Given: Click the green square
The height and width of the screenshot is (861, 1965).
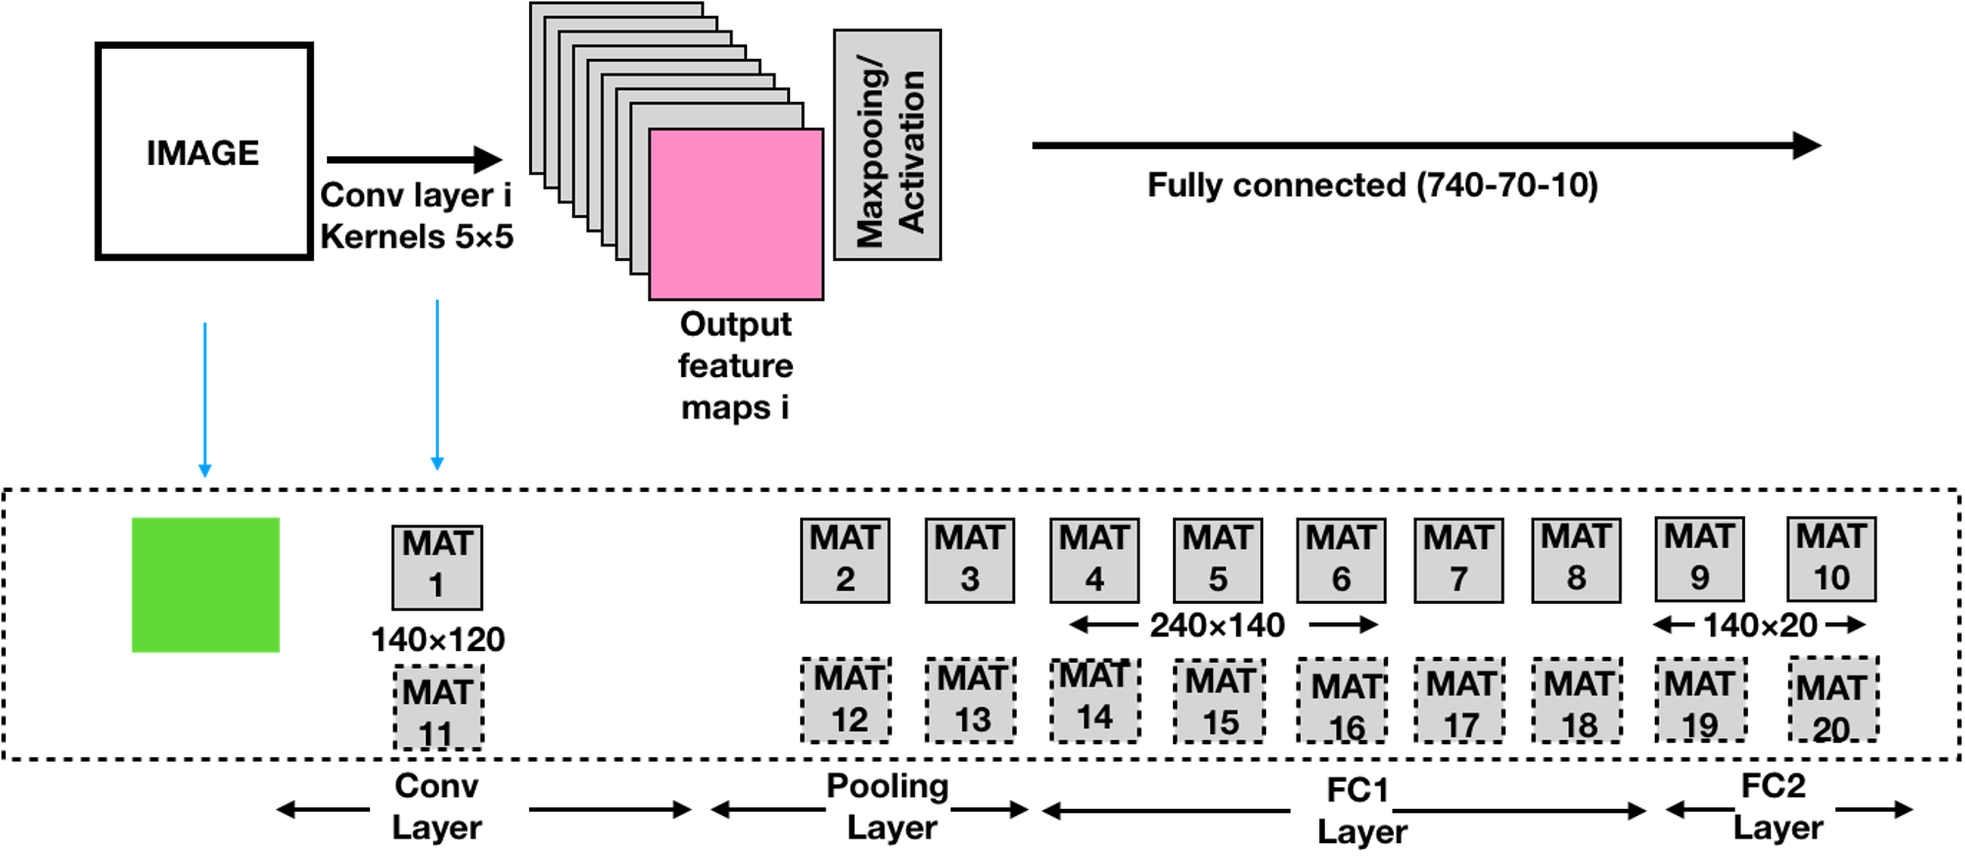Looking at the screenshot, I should (x=206, y=585).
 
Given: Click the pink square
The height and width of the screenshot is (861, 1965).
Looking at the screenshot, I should (x=736, y=214).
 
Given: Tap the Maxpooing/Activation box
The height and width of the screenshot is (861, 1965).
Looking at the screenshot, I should (x=887, y=145).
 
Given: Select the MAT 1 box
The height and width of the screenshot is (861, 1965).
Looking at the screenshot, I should (x=438, y=567).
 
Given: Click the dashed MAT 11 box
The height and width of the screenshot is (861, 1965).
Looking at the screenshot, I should (x=439, y=709).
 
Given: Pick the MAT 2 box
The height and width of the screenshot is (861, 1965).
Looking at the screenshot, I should (x=845, y=561).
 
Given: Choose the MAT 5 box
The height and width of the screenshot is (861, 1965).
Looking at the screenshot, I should (x=1218, y=561).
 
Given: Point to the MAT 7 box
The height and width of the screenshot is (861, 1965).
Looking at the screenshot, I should (x=1459, y=561).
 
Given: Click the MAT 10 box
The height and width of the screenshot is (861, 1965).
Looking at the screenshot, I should (x=1832, y=559).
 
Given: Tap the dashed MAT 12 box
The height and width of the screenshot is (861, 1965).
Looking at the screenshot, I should (x=846, y=700).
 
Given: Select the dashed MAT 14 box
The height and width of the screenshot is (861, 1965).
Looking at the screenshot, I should (x=1095, y=699).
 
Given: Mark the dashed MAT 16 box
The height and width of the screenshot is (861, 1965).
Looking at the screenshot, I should (x=1342, y=700).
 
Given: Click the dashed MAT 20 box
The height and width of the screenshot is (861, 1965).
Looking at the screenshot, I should (x=1833, y=699).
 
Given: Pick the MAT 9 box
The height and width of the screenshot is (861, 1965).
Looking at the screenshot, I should (x=1700, y=559).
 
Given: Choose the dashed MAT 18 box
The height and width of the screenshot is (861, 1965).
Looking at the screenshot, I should (x=1577, y=700).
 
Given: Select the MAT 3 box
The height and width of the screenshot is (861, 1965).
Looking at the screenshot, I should (x=970, y=561).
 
